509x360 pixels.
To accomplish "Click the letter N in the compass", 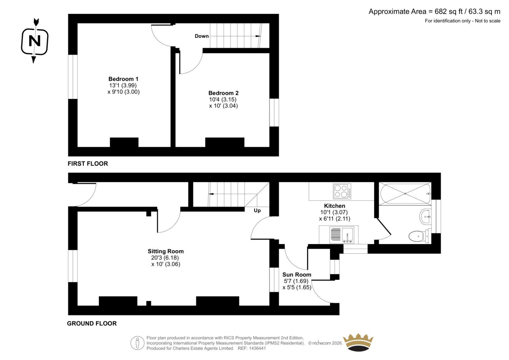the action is (35, 41).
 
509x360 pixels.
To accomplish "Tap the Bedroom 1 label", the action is (123, 79).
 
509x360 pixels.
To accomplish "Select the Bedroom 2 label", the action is (223, 93).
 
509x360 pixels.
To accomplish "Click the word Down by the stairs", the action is (202, 36).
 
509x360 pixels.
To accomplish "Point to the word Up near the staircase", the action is (257, 211).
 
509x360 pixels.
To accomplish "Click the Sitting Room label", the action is (166, 251).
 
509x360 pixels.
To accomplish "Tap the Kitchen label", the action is (334, 206).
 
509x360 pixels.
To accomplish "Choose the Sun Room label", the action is (297, 274).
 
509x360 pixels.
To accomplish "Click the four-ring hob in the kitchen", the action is (342, 191).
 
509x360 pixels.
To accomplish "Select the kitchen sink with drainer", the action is (342, 234).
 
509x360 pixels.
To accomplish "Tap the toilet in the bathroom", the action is (419, 236).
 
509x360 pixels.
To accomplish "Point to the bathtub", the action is (405, 194).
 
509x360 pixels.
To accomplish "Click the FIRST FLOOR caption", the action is (88, 164).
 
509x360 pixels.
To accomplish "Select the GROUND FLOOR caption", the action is (92, 323).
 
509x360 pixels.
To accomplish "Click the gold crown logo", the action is (358, 342).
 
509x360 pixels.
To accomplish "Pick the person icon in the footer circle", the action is (137, 343).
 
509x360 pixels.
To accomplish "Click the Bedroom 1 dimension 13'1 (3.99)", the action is (123, 85).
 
